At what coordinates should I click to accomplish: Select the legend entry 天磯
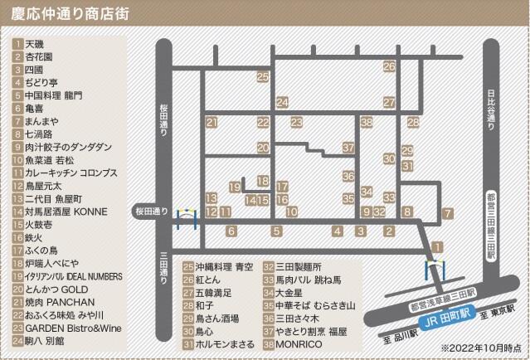click(34, 43)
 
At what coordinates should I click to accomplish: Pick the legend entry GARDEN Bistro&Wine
click(73, 328)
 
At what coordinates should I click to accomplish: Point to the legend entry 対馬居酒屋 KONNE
click(66, 212)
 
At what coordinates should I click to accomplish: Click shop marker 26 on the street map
click(389, 66)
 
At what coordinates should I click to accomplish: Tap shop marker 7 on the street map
click(447, 213)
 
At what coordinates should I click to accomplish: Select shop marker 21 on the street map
click(212, 123)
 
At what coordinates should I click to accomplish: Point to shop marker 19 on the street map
click(235, 187)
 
